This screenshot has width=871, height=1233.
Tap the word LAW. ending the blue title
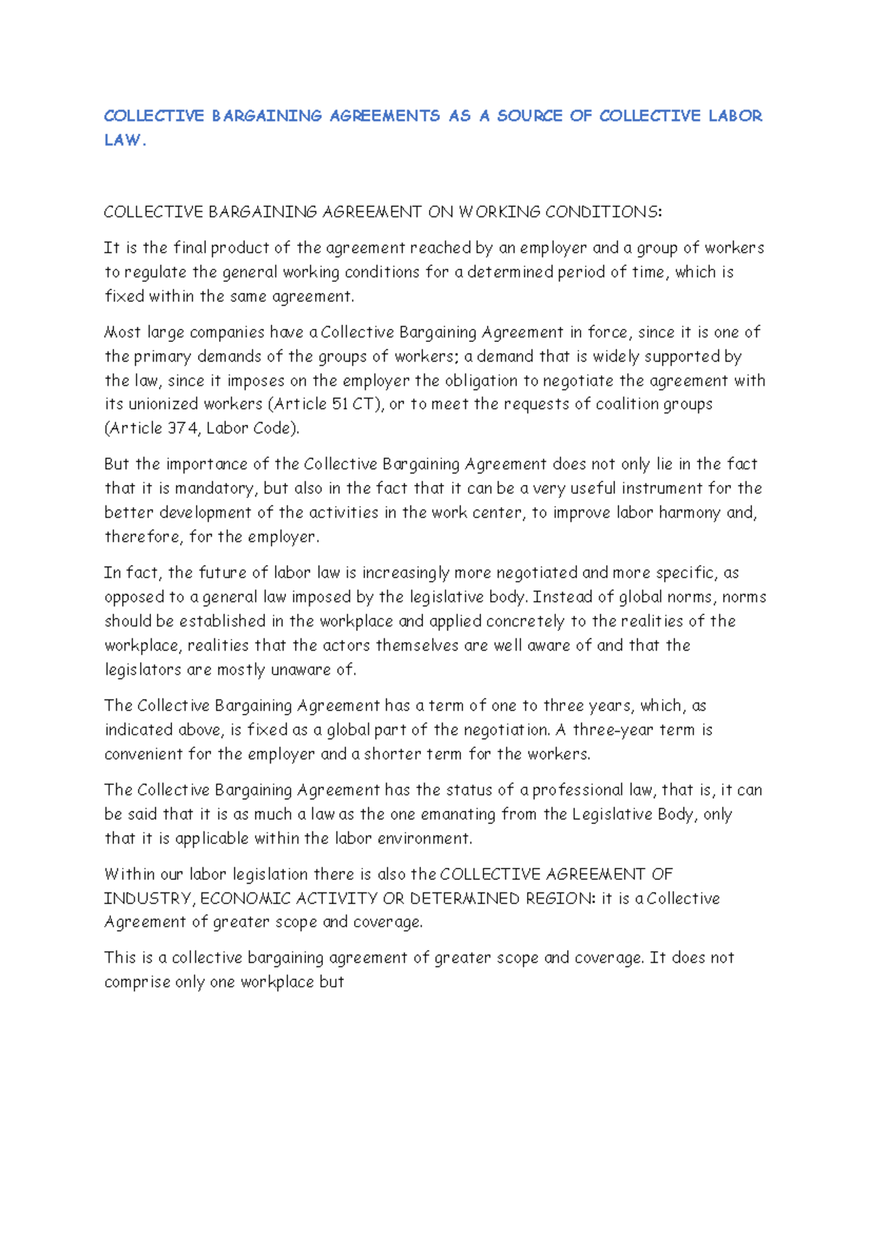[125, 141]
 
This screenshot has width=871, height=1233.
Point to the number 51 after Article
[339, 404]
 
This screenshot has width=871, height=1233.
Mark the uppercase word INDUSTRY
[147, 899]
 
